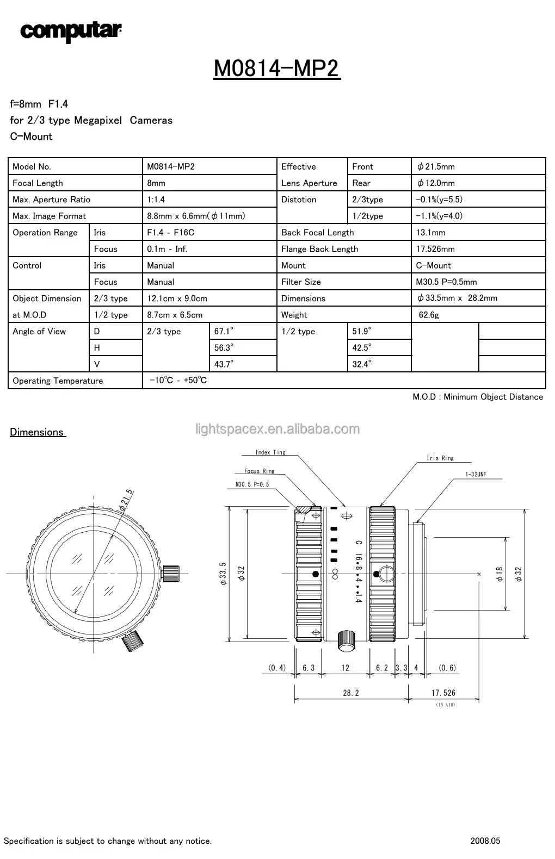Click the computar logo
pyautogui.click(x=71, y=31)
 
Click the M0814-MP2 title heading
pyautogui.click(x=276, y=69)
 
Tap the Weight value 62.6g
pyautogui.click(x=429, y=315)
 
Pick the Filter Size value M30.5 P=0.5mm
pyautogui.click(x=446, y=282)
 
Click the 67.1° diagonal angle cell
pyautogui.click(x=224, y=331)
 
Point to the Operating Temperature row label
pyautogui.click(x=58, y=381)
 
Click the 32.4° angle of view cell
pyautogui.click(x=361, y=364)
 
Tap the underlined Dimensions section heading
pyautogui.click(x=37, y=432)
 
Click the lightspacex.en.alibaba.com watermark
pyautogui.click(x=277, y=429)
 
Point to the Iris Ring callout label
pyautogui.click(x=440, y=458)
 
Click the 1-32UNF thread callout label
pyautogui.click(x=476, y=475)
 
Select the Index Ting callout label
pyautogui.click(x=270, y=452)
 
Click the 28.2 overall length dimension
pyautogui.click(x=351, y=693)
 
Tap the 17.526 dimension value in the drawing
pyautogui.click(x=443, y=693)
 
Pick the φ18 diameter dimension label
pyautogui.click(x=499, y=574)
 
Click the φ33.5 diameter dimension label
pyautogui.click(x=223, y=574)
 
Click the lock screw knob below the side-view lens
pyautogui.click(x=346, y=639)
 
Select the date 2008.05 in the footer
pyautogui.click(x=485, y=841)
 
